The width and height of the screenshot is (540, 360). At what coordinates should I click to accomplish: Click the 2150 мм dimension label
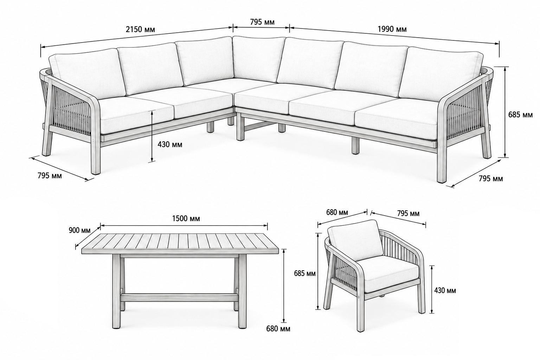click(x=140, y=30)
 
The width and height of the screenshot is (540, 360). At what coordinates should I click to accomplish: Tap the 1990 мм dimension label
click(x=392, y=29)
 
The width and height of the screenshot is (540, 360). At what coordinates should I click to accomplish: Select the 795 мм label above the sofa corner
click(x=262, y=22)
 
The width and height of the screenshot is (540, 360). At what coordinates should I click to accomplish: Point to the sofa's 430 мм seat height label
click(x=170, y=144)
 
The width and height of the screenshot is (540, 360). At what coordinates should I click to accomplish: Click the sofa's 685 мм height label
click(x=520, y=115)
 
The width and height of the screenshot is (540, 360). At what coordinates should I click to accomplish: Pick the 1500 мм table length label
click(x=186, y=218)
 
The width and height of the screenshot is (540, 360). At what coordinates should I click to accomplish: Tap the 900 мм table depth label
click(x=79, y=230)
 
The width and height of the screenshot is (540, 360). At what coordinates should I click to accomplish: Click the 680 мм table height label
click(x=278, y=328)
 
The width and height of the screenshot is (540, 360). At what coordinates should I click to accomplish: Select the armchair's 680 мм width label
click(x=337, y=212)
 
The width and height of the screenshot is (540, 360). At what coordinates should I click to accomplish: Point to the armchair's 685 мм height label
click(x=305, y=274)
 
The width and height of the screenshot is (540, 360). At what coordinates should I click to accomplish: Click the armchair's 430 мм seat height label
click(x=445, y=290)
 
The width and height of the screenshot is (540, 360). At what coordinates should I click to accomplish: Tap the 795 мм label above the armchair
click(x=408, y=213)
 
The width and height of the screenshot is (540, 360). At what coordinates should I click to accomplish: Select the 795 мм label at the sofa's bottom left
click(x=50, y=176)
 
